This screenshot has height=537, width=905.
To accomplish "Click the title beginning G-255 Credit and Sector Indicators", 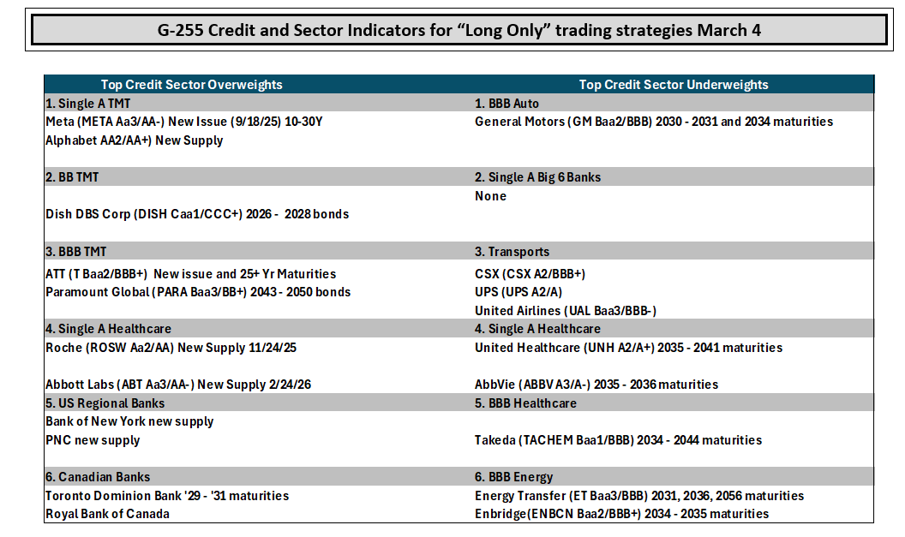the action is coord(458,30).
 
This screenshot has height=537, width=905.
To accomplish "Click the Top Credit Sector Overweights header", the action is coord(192,85).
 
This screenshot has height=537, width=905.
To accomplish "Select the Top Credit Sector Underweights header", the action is coord(674,85).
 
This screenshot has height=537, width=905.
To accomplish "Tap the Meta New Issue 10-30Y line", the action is coord(184,122).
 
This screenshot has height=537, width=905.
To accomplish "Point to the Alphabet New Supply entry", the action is coord(134,140).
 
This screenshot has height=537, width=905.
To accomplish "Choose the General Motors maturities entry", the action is coord(654,122).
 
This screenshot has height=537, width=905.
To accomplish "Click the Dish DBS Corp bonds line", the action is coord(197,214).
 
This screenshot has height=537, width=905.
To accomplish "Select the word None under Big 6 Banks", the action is coord(490,196).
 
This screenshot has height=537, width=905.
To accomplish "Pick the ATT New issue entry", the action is coord(191,274).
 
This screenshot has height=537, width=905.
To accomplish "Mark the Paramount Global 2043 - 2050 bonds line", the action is coord(198,292).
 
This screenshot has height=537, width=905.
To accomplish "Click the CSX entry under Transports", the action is coord(530,274).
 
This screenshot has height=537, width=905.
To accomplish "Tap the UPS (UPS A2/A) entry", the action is coord(518,292).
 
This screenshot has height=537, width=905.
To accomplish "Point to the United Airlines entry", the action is coord(566,311).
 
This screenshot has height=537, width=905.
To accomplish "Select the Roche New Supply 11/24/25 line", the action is coord(171,348).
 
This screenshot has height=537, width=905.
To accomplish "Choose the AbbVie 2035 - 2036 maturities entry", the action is coord(596,385).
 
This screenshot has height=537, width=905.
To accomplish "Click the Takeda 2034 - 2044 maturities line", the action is coord(618,440).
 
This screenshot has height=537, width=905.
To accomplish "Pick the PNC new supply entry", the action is coord(93,440).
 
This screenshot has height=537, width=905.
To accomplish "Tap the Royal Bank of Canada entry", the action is coord(107,514).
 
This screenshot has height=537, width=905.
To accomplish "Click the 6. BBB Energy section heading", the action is coord(513,477).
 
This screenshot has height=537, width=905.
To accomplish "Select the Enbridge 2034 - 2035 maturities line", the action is coord(621,514).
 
